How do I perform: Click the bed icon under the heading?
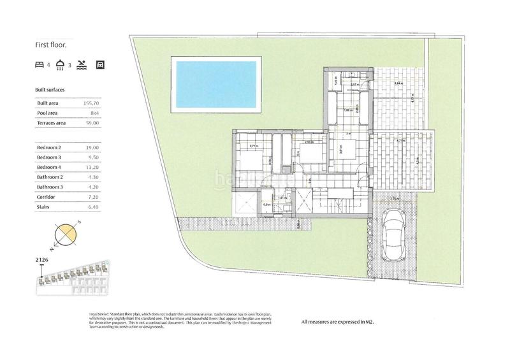[x=40, y=65]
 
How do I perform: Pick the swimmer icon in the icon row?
[x=82, y=65]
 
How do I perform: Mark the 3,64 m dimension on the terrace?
[x=399, y=84]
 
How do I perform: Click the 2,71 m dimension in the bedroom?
[x=254, y=147]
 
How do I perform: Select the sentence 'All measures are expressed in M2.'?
[x=337, y=322]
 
